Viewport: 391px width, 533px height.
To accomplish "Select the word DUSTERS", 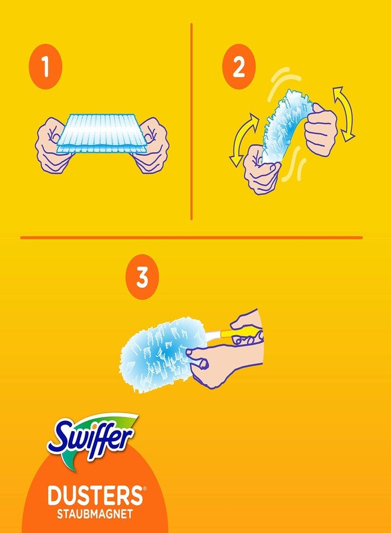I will [x=90, y=495].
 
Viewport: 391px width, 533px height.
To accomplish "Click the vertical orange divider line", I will [x=192, y=121].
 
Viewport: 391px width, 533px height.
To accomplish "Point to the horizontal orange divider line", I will [x=191, y=237].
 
